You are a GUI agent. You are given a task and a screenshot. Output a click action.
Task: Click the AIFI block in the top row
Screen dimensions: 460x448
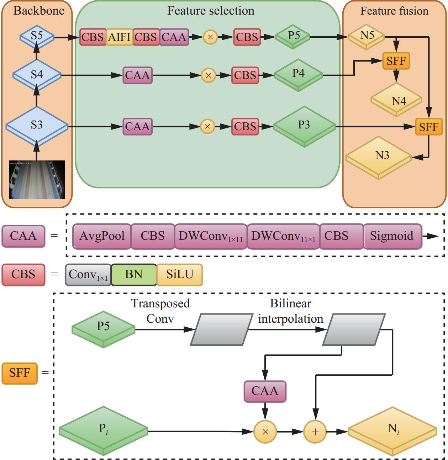click(x=120, y=37)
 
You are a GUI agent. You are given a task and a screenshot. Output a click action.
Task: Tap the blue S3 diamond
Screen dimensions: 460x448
click(x=37, y=126)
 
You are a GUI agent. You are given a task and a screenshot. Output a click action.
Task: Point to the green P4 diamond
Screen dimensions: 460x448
click(x=298, y=74)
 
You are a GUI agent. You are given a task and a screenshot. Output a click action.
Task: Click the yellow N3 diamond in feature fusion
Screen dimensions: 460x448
click(x=379, y=157)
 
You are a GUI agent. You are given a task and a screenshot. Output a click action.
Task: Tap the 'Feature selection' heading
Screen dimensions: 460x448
click(x=211, y=11)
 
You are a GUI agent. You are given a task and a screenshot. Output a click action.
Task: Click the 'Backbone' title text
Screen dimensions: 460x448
click(x=39, y=10)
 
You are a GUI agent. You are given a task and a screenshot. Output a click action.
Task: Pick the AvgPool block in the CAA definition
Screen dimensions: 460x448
click(x=102, y=236)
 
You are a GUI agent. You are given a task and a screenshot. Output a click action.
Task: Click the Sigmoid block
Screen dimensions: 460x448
click(x=391, y=236)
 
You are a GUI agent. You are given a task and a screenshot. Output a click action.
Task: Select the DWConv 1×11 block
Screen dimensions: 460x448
click(x=211, y=236)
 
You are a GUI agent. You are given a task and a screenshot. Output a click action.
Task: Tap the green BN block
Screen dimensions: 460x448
click(x=134, y=274)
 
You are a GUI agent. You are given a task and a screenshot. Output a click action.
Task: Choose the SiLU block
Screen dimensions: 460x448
click(x=180, y=274)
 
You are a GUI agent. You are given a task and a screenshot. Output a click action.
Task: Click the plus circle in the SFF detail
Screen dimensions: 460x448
click(x=315, y=432)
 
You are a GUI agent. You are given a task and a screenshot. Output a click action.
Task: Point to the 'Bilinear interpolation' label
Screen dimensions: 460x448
click(x=290, y=311)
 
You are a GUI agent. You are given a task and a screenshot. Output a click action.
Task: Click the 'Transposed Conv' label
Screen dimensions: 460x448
click(x=160, y=311)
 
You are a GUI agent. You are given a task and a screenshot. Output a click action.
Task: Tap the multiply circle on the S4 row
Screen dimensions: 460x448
click(x=209, y=75)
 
